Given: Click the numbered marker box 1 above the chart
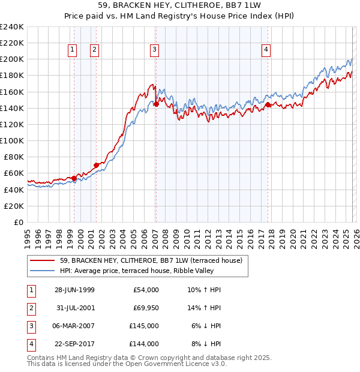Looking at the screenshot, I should coord(72,50).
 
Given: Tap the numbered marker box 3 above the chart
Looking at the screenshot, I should coord(155,50).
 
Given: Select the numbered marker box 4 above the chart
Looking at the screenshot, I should coord(266,50).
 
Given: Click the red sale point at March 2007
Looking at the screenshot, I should coord(155,104).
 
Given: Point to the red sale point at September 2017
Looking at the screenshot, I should coord(268,104).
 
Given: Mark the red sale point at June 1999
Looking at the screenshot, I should coord(74,178).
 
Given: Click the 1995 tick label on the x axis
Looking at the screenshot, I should coord(27,235).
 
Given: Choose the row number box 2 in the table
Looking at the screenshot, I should coord(29,308).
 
